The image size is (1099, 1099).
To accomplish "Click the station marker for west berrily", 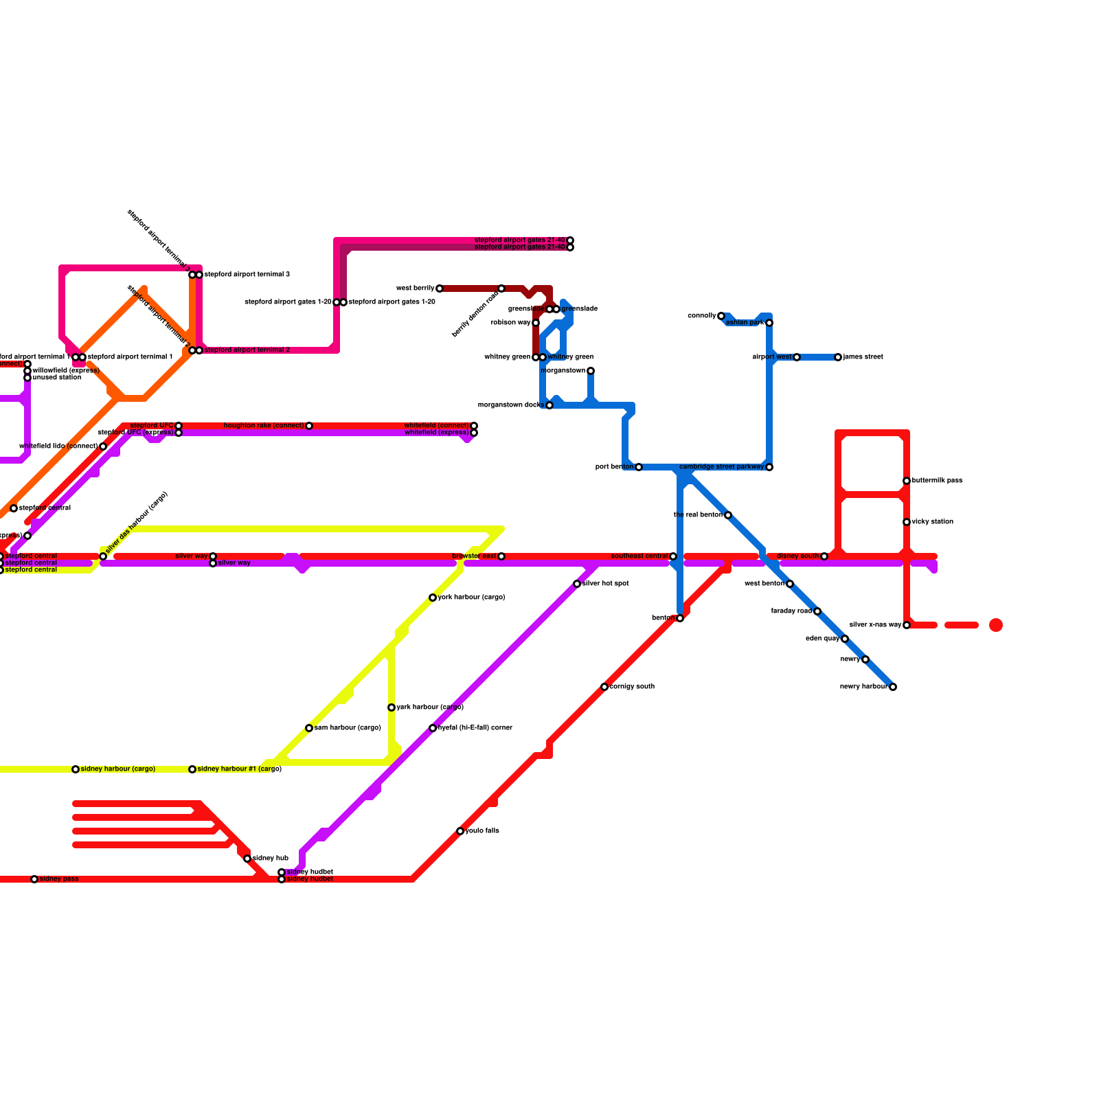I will [x=440, y=288].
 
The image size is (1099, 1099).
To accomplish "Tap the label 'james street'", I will [x=863, y=357].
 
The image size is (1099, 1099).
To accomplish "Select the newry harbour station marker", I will [x=893, y=687].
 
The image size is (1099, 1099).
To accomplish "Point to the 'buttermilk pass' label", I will [x=937, y=481].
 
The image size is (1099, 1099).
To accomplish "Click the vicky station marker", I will [x=907, y=522].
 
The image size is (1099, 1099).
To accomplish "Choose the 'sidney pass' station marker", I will [x=34, y=879].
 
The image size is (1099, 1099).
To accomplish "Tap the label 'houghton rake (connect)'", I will [x=264, y=426].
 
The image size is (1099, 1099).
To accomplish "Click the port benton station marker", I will [x=639, y=467].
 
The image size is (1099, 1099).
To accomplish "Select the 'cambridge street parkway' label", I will [x=721, y=467].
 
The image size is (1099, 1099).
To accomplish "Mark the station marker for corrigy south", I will [x=604, y=687].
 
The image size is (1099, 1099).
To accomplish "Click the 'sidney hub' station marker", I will [x=247, y=859].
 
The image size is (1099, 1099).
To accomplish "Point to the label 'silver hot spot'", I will [x=605, y=584].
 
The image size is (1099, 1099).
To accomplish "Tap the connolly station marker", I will [x=721, y=316].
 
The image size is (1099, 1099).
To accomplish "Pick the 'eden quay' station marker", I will [x=845, y=639].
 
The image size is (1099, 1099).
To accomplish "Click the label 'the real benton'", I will [x=698, y=515].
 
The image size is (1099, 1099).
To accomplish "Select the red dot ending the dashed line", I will [x=996, y=625].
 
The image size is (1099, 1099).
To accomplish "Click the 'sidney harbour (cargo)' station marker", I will [x=76, y=769].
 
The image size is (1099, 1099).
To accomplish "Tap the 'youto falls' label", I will [x=482, y=831].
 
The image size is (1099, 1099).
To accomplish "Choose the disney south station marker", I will [x=824, y=556].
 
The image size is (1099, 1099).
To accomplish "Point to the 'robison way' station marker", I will [x=536, y=323].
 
